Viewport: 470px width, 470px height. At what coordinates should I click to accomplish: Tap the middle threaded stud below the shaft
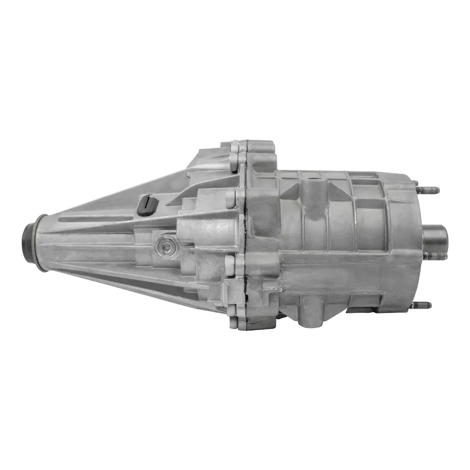pos(423,255)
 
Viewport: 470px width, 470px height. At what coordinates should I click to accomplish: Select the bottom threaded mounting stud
pos(423,304)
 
